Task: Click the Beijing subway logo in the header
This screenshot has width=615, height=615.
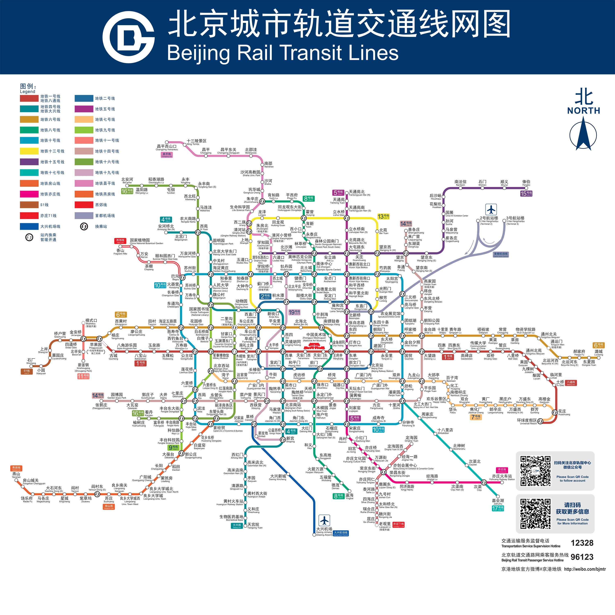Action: coord(128,38)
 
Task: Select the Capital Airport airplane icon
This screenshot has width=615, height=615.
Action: coord(491,210)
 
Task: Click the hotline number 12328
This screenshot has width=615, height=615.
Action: coord(582,543)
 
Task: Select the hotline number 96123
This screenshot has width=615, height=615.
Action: coord(582,557)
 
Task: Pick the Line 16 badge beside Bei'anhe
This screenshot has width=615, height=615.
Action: coord(127,191)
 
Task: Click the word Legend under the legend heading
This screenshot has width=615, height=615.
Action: coord(27,92)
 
